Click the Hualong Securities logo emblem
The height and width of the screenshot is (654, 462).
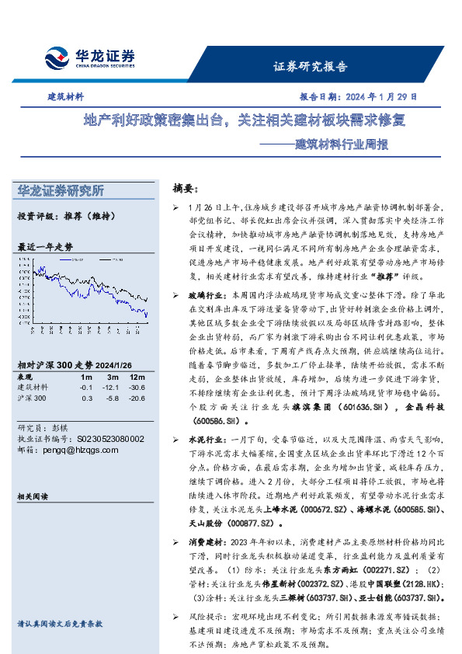(55, 57)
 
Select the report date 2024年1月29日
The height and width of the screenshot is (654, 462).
(358, 97)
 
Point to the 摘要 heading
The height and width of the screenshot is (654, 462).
(186, 189)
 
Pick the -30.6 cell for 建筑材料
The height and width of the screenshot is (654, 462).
(137, 387)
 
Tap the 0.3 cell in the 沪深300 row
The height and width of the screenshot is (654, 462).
(87, 398)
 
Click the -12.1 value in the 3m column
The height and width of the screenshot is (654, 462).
(112, 387)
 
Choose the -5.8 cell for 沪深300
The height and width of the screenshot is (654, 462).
(113, 398)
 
